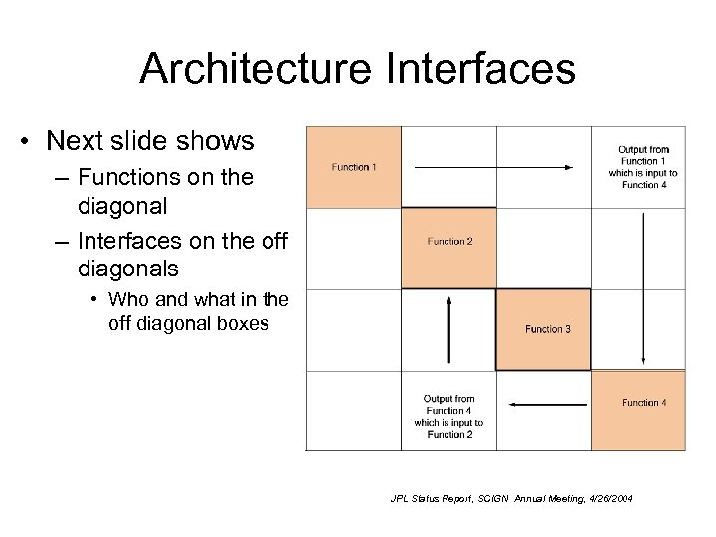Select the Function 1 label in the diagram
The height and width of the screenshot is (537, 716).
[354, 167]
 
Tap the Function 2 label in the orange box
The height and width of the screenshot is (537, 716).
[449, 241]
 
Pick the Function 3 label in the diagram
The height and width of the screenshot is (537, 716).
[548, 329]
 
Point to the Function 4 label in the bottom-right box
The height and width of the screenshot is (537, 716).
[643, 402]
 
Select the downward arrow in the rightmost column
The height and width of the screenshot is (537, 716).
[645, 287]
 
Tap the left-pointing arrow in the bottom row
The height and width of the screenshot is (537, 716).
[546, 403]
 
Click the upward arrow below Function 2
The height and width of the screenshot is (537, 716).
[449, 333]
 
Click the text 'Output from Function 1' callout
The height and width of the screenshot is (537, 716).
[643, 167]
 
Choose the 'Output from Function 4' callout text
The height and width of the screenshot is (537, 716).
[448, 416]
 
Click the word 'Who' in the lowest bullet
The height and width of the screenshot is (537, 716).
[129, 299]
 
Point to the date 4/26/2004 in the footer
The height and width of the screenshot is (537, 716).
[606, 498]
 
